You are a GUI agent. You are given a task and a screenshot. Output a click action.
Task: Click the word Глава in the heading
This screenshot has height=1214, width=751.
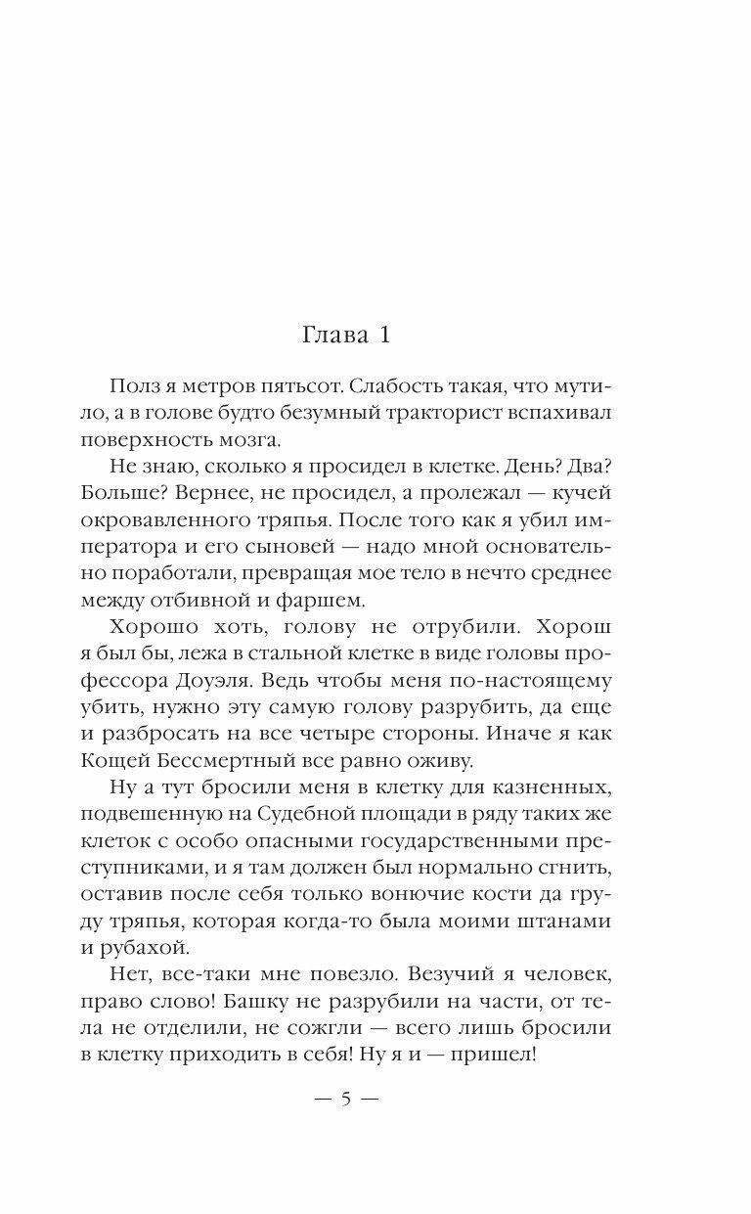[331, 337]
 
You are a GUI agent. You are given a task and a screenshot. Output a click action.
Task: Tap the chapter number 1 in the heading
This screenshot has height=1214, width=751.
[384, 337]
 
